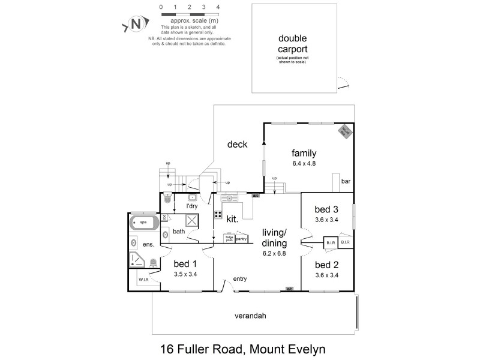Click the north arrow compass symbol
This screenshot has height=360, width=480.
coord(136,25)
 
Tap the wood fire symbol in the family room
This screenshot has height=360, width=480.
coord(347,131)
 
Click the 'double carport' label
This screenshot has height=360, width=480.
coord(293,44)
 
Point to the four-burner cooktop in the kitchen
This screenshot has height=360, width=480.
coord(218,214)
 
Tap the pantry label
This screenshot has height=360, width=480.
coord(241,239)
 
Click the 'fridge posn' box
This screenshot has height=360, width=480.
coord(229,239)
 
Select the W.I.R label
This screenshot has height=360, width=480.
coord(143,280)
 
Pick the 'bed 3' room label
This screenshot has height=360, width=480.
coord(326,209)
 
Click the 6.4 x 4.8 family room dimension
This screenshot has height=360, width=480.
coord(304,163)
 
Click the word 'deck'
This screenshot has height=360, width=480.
coord(238,144)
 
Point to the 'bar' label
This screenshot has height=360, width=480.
coord(346,181)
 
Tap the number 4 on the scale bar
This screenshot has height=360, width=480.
coord(218,7)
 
